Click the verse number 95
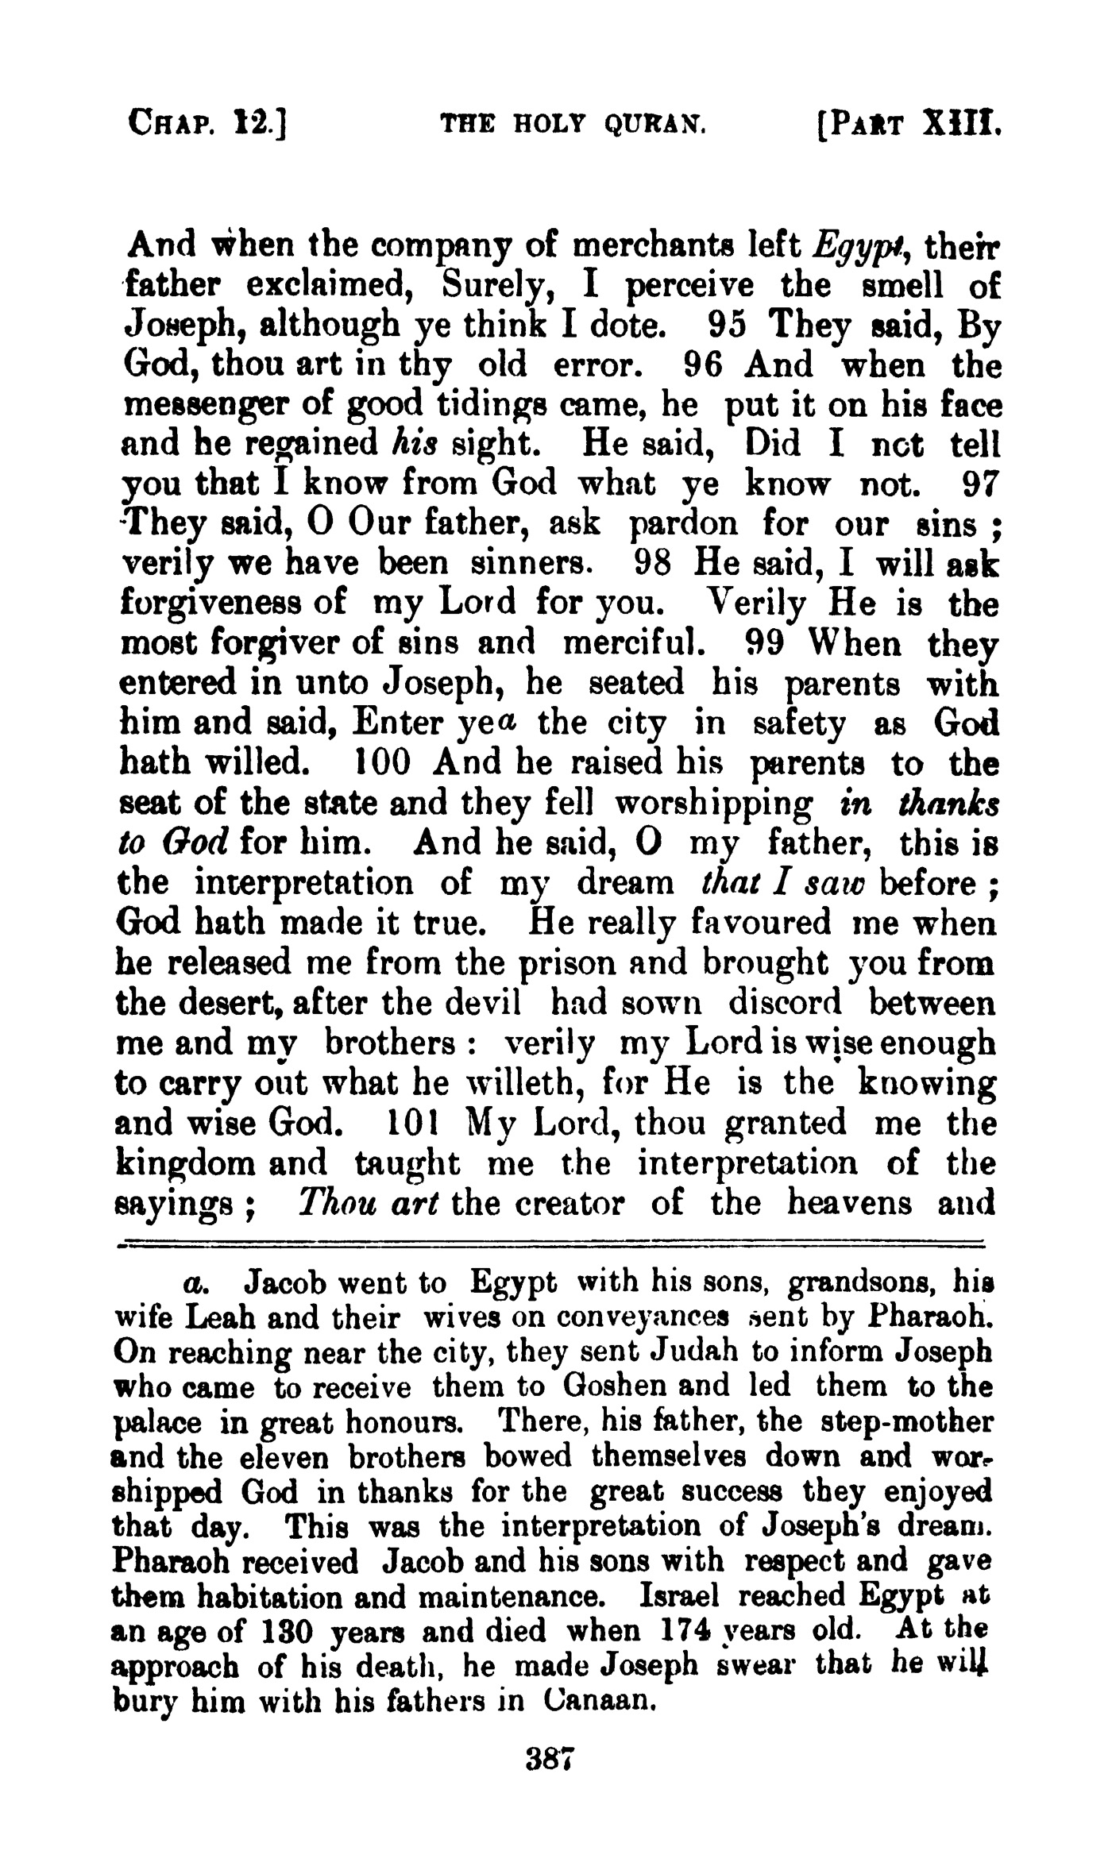pos(728,325)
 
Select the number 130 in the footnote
pos(284,1632)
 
